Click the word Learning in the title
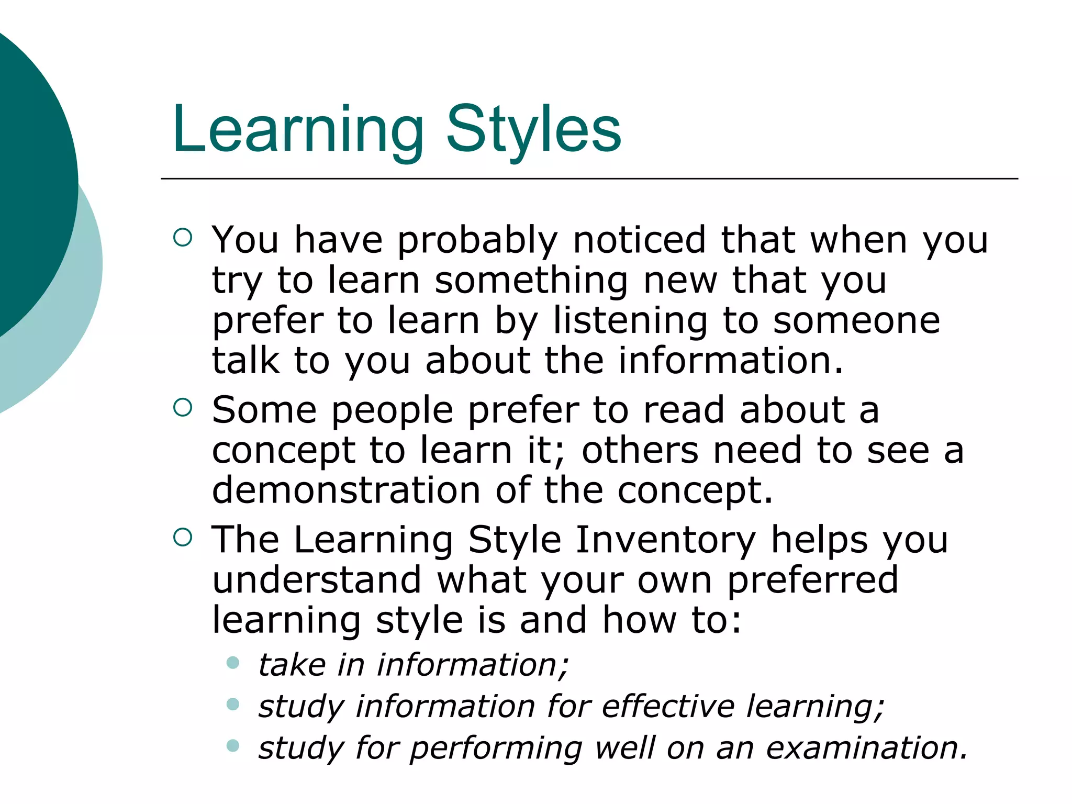point(297,130)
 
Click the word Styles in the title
point(533,130)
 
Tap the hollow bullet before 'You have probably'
point(182,238)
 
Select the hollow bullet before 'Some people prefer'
point(182,407)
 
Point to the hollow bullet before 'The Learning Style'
point(182,537)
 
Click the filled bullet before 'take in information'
point(233,663)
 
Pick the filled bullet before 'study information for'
point(233,705)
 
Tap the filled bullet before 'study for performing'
point(233,745)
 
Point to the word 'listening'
point(630,321)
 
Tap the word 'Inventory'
point(666,541)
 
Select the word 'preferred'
point(812,581)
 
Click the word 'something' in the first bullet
point(531,281)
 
